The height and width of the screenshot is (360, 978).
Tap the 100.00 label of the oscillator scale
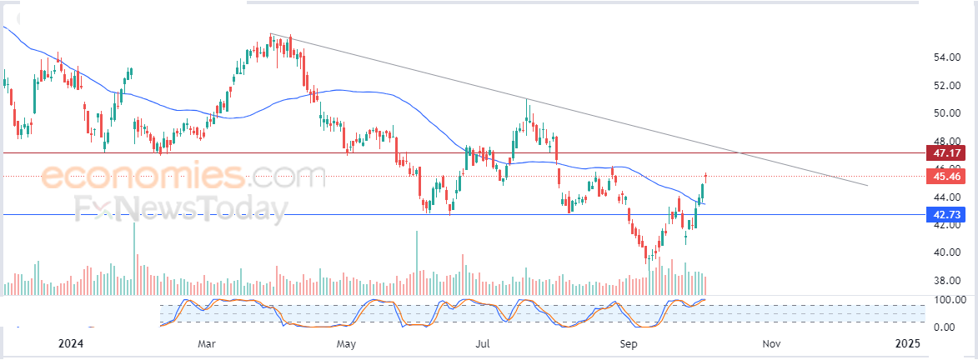pyautogui.click(x=948, y=299)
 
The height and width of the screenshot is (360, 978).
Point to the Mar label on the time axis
pyautogui.click(x=208, y=342)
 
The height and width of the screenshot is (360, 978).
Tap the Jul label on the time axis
pyautogui.click(x=482, y=342)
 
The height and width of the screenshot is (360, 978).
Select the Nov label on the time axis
pyautogui.click(x=771, y=342)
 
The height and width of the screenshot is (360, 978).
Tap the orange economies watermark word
pyautogui.click(x=142, y=177)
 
